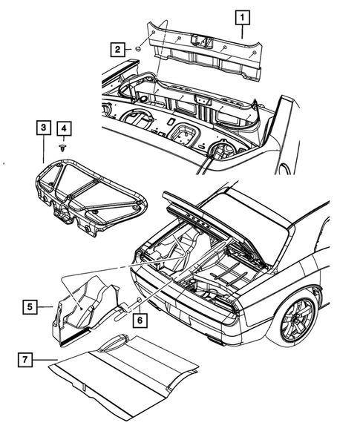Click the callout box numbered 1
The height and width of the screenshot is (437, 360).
point(243,16)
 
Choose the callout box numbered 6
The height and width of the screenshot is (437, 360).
point(137,321)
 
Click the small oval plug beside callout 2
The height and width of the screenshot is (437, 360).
point(137,50)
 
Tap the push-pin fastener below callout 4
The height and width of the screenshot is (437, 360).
point(65,149)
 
